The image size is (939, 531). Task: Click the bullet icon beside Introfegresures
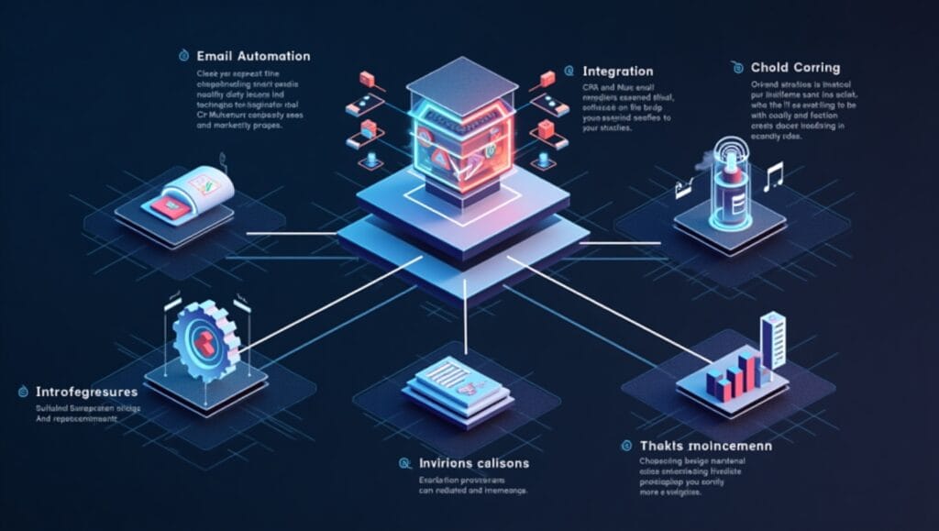point(17,392)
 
